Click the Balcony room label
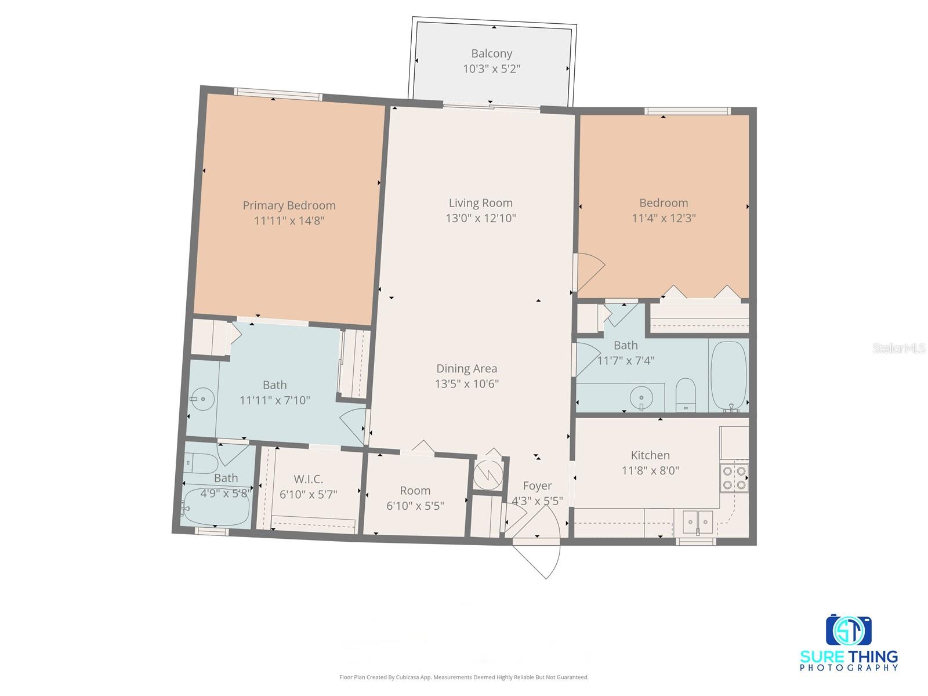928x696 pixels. (x=491, y=54)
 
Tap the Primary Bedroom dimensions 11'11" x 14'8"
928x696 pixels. (x=289, y=221)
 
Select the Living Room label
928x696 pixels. (x=480, y=203)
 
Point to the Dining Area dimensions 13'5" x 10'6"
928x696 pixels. (x=466, y=384)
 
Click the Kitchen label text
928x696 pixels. (x=650, y=455)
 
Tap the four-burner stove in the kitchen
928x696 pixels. (x=734, y=478)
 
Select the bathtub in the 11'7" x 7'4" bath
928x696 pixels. (x=728, y=376)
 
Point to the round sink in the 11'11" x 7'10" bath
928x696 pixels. (x=202, y=399)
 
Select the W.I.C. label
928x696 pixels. (x=308, y=479)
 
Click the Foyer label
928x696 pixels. (x=537, y=486)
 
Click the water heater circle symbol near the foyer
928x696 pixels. (x=486, y=474)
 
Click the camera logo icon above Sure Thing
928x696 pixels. (x=849, y=630)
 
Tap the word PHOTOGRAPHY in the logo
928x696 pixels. (x=849, y=668)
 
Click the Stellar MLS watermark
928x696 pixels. (x=899, y=348)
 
